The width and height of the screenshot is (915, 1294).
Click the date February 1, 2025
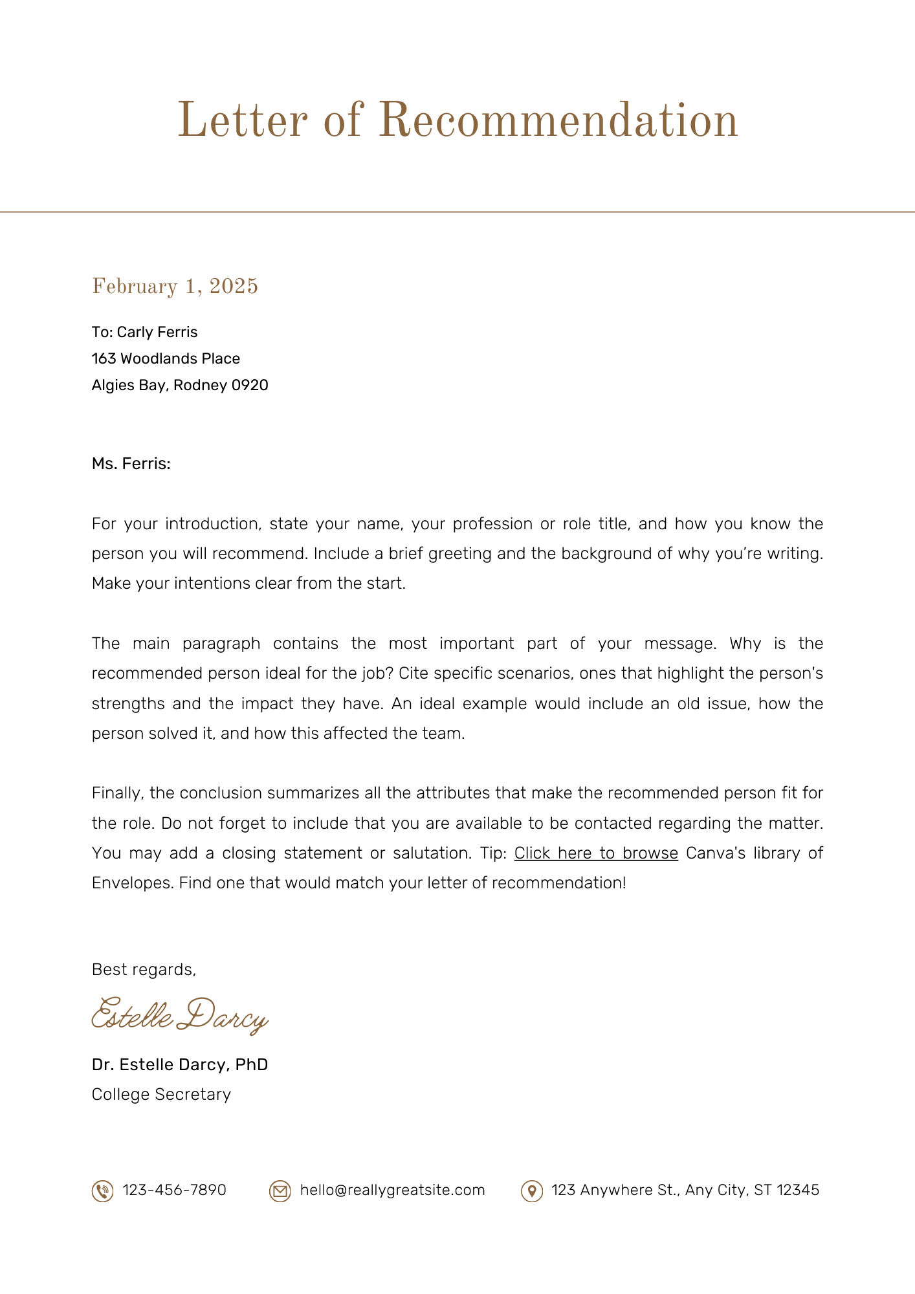(x=175, y=286)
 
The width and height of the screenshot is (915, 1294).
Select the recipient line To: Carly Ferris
(x=145, y=332)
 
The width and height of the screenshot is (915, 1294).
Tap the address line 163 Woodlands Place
(x=166, y=358)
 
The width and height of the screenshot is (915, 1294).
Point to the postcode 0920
(x=250, y=386)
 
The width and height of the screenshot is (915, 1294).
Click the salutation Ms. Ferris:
(x=131, y=464)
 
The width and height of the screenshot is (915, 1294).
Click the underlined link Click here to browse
(x=596, y=853)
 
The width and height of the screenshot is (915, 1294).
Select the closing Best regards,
(x=144, y=969)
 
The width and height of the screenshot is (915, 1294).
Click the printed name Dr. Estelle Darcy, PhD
(x=180, y=1064)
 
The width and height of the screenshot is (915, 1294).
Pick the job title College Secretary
(x=161, y=1094)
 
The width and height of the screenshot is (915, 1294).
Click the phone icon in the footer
(x=102, y=1191)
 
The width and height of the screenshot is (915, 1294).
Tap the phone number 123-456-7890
(x=174, y=1190)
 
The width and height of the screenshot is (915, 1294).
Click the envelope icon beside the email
(x=280, y=1191)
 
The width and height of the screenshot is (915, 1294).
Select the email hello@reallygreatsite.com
(x=392, y=1190)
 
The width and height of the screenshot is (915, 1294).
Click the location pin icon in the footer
(x=531, y=1191)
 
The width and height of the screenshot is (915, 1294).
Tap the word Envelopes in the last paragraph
(x=132, y=883)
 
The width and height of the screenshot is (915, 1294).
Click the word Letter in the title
(x=242, y=121)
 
